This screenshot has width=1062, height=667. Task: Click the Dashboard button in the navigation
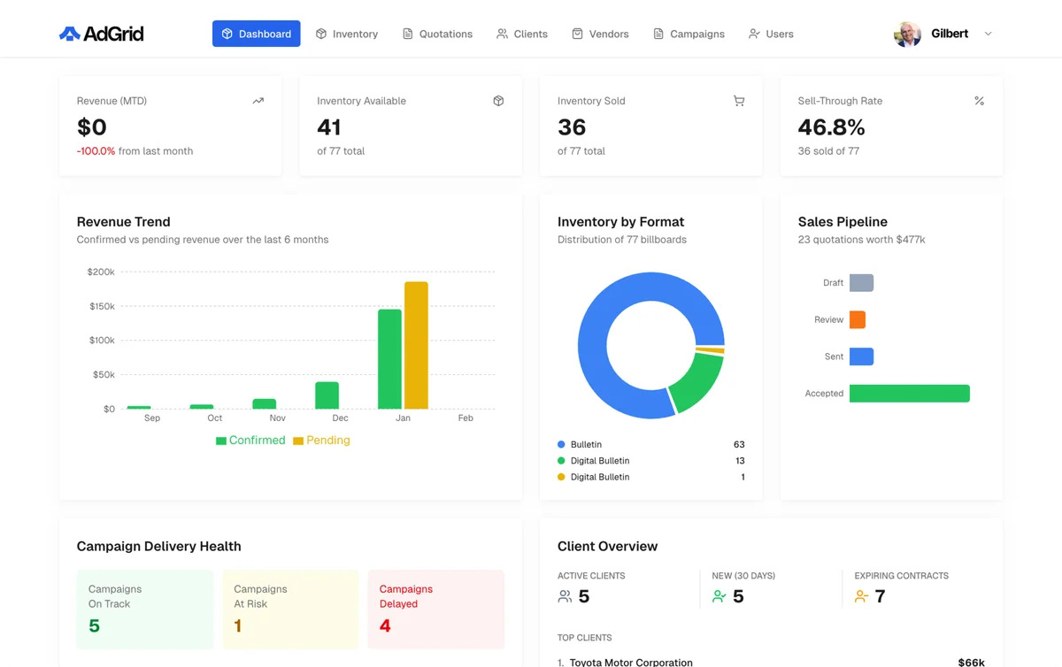[256, 34]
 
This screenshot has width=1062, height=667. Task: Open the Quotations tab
[437, 34]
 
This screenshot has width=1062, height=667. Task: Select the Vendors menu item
[600, 34]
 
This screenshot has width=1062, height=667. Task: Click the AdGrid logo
[101, 34]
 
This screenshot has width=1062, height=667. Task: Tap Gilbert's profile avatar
[907, 34]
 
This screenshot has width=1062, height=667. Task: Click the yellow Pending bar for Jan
[416, 345]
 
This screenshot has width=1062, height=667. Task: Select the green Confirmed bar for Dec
[327, 395]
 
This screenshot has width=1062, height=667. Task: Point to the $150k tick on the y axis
[101, 306]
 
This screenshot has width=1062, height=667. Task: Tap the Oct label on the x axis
[215, 418]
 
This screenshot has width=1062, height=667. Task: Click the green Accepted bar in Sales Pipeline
[909, 394]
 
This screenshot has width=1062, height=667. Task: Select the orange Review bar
[857, 319]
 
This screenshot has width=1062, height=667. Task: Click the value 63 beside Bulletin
[739, 444]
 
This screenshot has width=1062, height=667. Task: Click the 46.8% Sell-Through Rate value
[831, 127]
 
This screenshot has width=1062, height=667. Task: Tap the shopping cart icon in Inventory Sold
[739, 101]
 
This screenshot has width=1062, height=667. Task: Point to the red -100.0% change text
[96, 151]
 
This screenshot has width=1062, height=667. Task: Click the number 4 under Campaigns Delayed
[385, 625]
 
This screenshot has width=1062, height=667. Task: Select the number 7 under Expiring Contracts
[880, 597]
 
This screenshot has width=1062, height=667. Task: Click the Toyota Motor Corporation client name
[631, 662]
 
